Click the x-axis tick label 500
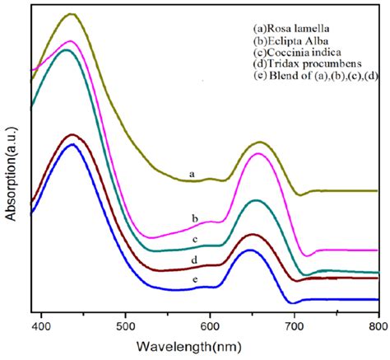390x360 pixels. point(125,326)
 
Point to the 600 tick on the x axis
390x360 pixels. point(210,326)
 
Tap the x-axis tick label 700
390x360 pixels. point(294,326)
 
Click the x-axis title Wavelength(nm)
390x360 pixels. point(211,347)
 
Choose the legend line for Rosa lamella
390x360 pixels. point(295,26)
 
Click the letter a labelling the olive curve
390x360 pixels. point(191,174)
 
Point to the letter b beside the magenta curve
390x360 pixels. point(194,218)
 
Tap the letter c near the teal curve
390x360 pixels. point(194,239)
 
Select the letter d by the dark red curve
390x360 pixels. point(194,259)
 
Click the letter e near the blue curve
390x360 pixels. point(194,281)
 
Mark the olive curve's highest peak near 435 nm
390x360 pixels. point(72,14)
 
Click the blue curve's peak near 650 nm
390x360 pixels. point(249,250)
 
